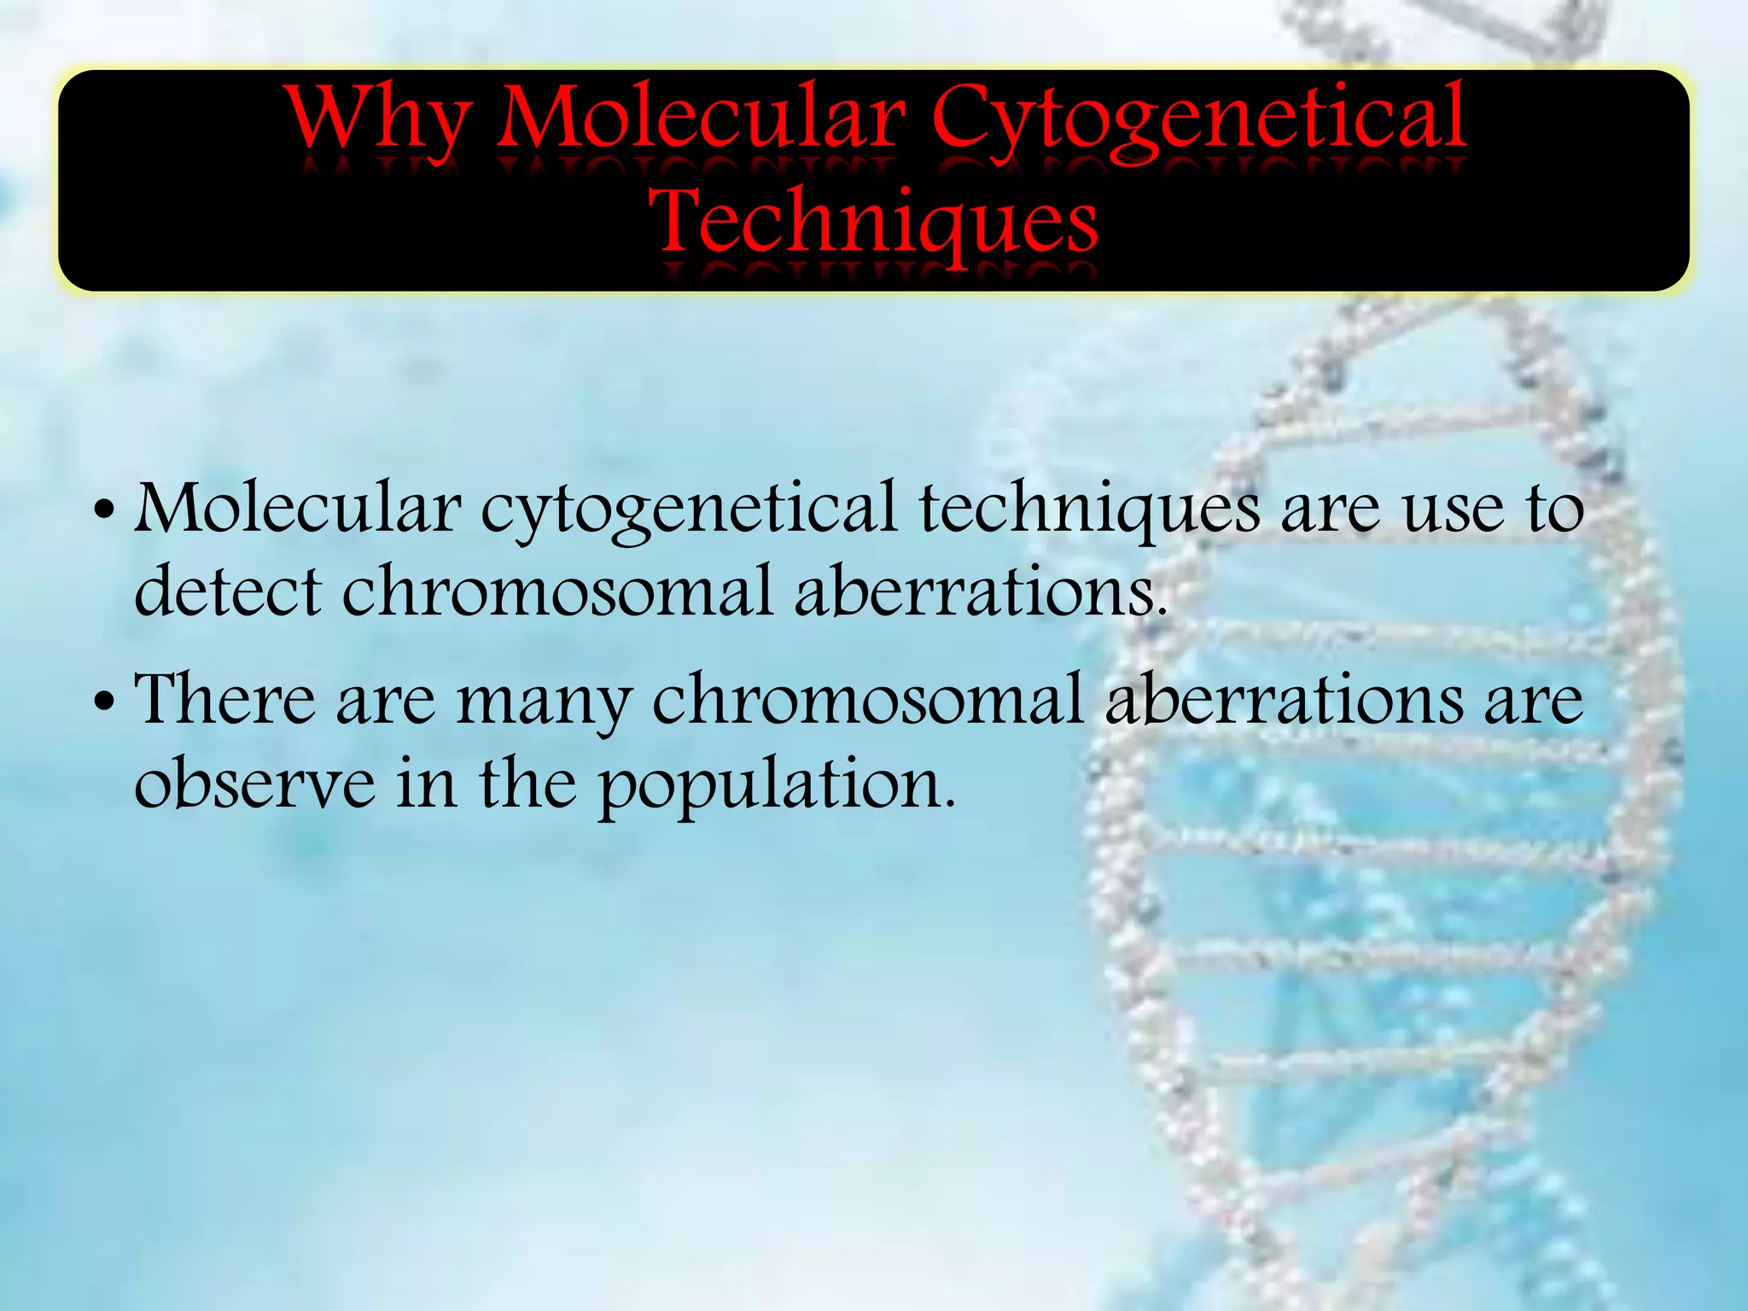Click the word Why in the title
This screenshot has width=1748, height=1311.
tap(379, 119)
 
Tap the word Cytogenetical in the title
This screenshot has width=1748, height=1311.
tap(1198, 119)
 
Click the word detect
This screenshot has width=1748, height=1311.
tap(229, 591)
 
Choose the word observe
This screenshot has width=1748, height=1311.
tap(254, 784)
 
